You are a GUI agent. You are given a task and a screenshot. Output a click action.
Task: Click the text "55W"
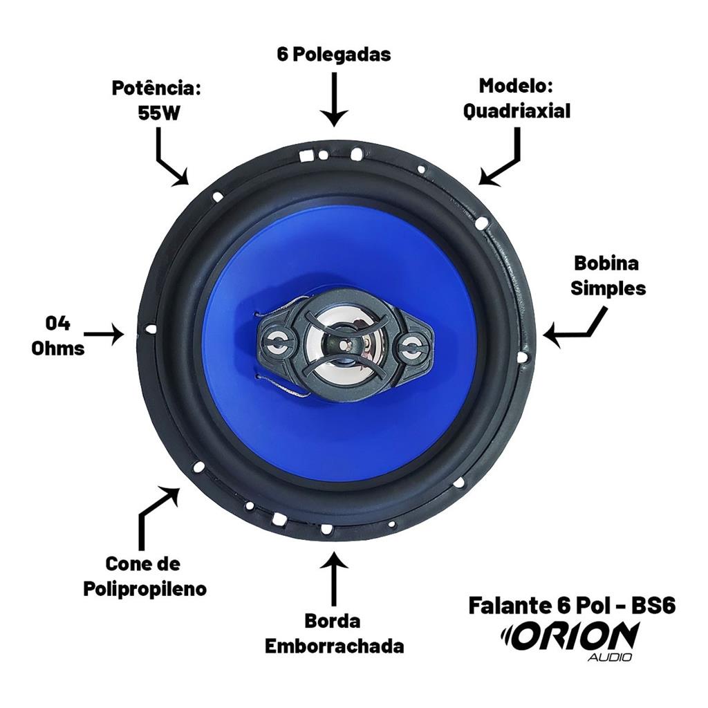(158, 113)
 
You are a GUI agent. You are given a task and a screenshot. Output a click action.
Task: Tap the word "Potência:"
(156, 88)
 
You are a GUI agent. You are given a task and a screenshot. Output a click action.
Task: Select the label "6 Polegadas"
(334, 55)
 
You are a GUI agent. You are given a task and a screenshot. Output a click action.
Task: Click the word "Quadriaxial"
(517, 111)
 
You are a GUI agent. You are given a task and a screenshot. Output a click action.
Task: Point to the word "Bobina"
(606, 263)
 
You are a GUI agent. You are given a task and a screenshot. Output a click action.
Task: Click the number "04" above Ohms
(58, 324)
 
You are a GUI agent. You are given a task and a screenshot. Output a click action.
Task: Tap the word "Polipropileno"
(145, 589)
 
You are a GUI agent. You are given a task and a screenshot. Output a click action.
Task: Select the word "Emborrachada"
(334, 646)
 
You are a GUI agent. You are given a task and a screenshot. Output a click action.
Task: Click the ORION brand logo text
(570, 636)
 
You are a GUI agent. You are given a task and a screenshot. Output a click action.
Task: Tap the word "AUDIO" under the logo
(610, 657)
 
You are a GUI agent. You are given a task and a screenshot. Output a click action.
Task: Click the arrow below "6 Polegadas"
(334, 100)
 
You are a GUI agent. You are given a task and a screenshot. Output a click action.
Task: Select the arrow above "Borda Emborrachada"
(334, 578)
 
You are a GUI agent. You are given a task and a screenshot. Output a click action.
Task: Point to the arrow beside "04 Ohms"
(104, 335)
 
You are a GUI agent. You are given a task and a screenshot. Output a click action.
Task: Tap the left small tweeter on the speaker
(277, 342)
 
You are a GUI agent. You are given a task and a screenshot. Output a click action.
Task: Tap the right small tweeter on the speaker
(411, 347)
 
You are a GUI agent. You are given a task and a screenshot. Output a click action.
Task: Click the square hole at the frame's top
(306, 155)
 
